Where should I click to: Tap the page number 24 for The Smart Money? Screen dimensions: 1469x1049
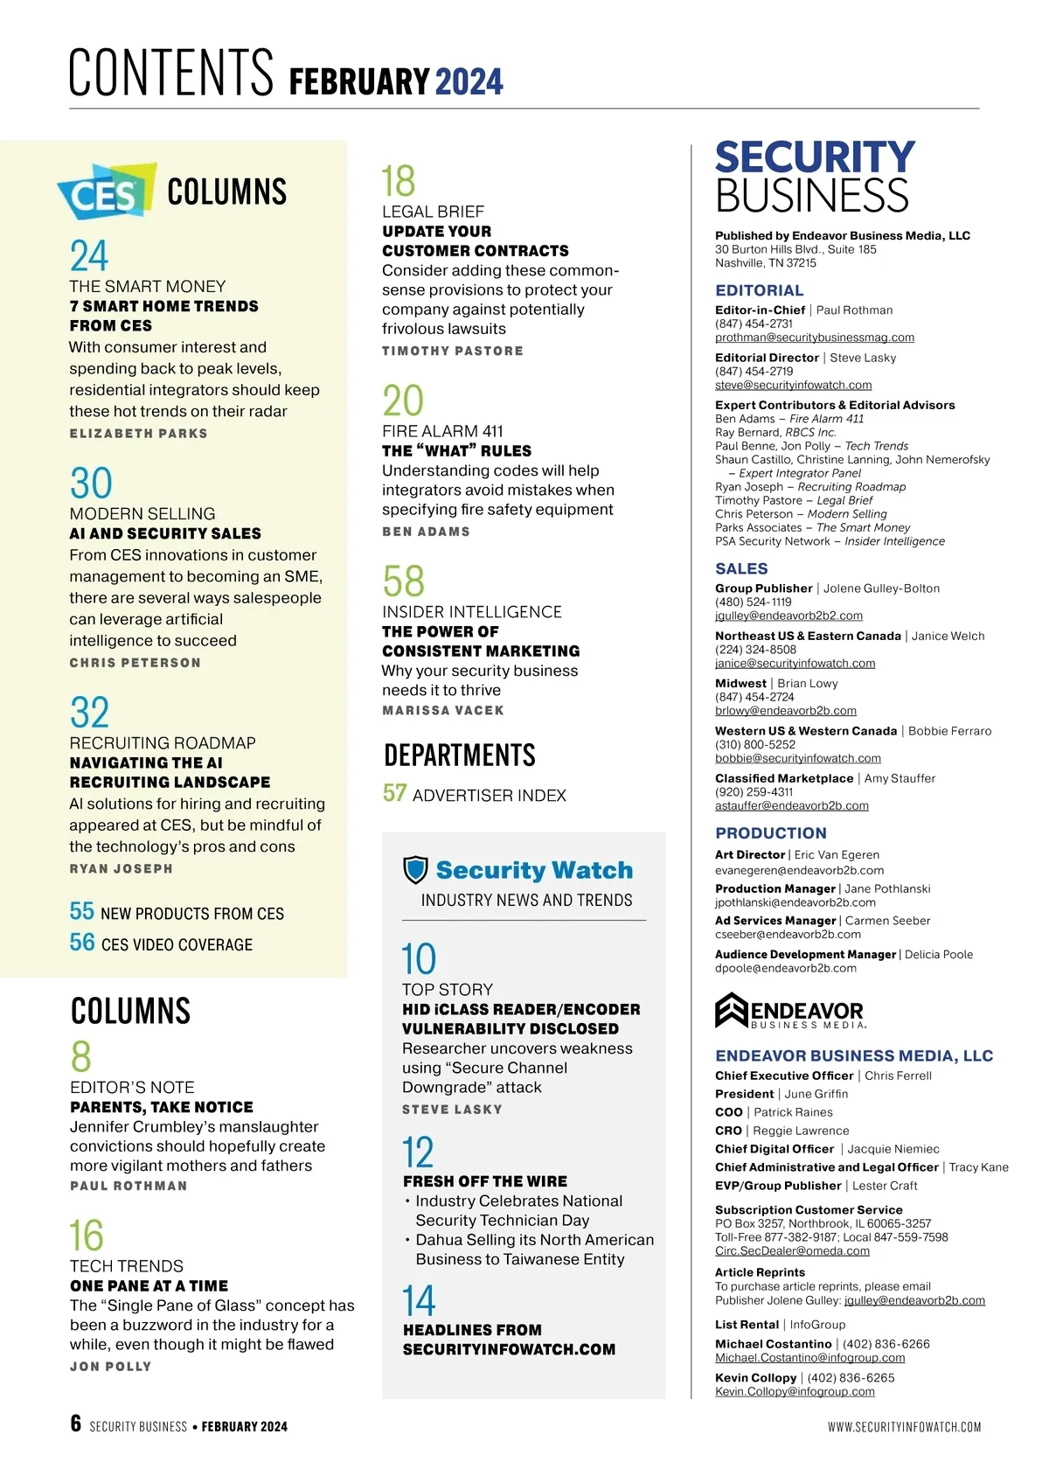click(89, 256)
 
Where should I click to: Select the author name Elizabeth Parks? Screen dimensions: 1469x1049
click(138, 434)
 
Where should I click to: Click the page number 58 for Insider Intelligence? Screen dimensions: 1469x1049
click(403, 581)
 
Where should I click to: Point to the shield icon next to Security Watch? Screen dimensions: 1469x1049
click(415, 870)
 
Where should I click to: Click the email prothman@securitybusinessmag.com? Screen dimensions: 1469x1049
click(814, 338)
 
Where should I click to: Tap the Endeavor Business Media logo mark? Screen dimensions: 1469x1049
click(732, 1010)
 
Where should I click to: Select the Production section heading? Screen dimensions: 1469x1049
click(770, 833)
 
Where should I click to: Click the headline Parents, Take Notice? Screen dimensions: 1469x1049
click(162, 1107)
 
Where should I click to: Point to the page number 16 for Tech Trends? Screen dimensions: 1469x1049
click(87, 1236)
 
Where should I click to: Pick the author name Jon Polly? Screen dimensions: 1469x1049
click(110, 1367)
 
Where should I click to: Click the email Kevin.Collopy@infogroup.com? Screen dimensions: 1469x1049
click(795, 1391)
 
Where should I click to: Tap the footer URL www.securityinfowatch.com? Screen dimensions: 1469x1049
click(904, 1427)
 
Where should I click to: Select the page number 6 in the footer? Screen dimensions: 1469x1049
click(76, 1424)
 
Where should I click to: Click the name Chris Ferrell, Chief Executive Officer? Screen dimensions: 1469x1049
click(898, 1076)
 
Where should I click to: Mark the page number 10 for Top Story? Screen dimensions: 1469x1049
click(419, 959)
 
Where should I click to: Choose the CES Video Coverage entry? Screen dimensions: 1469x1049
click(177, 944)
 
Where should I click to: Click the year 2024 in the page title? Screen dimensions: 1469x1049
click(469, 82)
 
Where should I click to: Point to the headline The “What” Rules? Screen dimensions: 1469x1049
click(456, 451)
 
